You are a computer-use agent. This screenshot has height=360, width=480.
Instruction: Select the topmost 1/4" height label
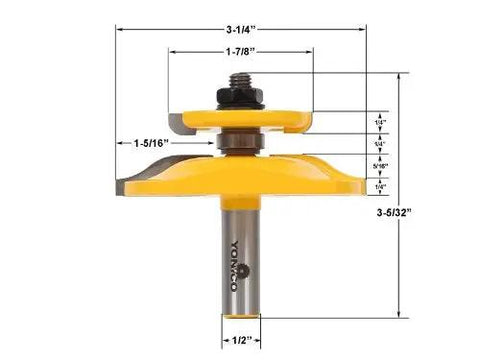(x=380, y=122)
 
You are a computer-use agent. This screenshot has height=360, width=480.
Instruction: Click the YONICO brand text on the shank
(x=236, y=263)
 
